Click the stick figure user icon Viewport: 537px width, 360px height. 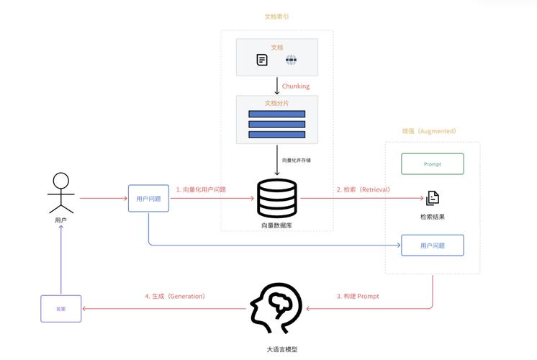(x=61, y=193)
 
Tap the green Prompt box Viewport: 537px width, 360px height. (x=432, y=164)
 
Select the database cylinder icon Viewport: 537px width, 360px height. (x=277, y=198)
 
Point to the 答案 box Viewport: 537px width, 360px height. (x=61, y=308)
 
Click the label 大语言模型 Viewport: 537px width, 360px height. (x=277, y=349)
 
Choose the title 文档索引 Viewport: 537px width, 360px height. (x=277, y=17)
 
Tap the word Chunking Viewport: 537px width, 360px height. (x=295, y=86)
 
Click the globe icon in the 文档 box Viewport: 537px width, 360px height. (x=291, y=60)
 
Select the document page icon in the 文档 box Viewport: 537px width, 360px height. (x=262, y=60)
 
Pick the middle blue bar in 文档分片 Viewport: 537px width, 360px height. (x=277, y=125)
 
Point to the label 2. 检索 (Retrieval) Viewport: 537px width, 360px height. (x=363, y=189)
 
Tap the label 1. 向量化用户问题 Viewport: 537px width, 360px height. (x=201, y=189)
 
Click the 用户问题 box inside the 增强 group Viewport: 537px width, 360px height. (x=432, y=246)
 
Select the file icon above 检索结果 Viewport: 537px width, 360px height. (x=432, y=198)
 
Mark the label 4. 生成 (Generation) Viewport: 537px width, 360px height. (x=175, y=296)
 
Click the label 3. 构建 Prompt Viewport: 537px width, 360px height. (x=358, y=296)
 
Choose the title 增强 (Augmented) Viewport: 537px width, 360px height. (x=429, y=131)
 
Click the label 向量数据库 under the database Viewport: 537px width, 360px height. (x=277, y=225)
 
